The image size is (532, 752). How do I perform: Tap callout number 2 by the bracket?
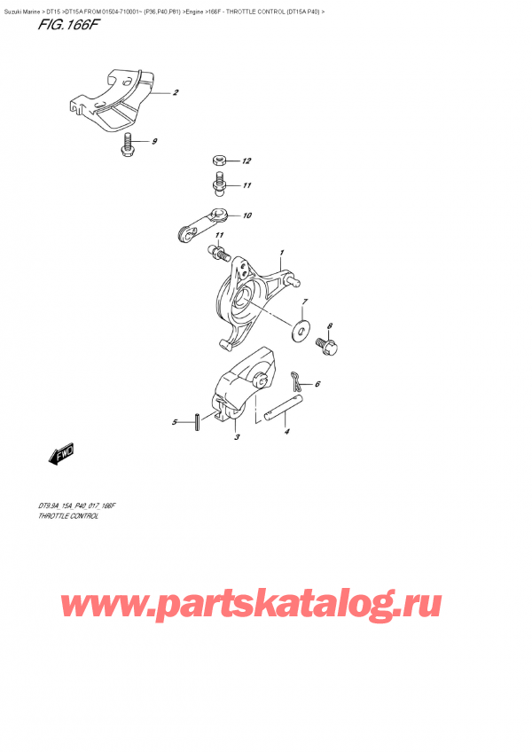tap(176, 93)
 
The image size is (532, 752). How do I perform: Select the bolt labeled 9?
tap(130, 144)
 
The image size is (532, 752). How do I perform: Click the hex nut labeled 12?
tap(218, 161)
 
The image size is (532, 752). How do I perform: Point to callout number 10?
tap(246, 215)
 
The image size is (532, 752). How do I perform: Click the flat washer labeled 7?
tap(302, 333)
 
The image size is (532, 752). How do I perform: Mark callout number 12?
tap(246, 161)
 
